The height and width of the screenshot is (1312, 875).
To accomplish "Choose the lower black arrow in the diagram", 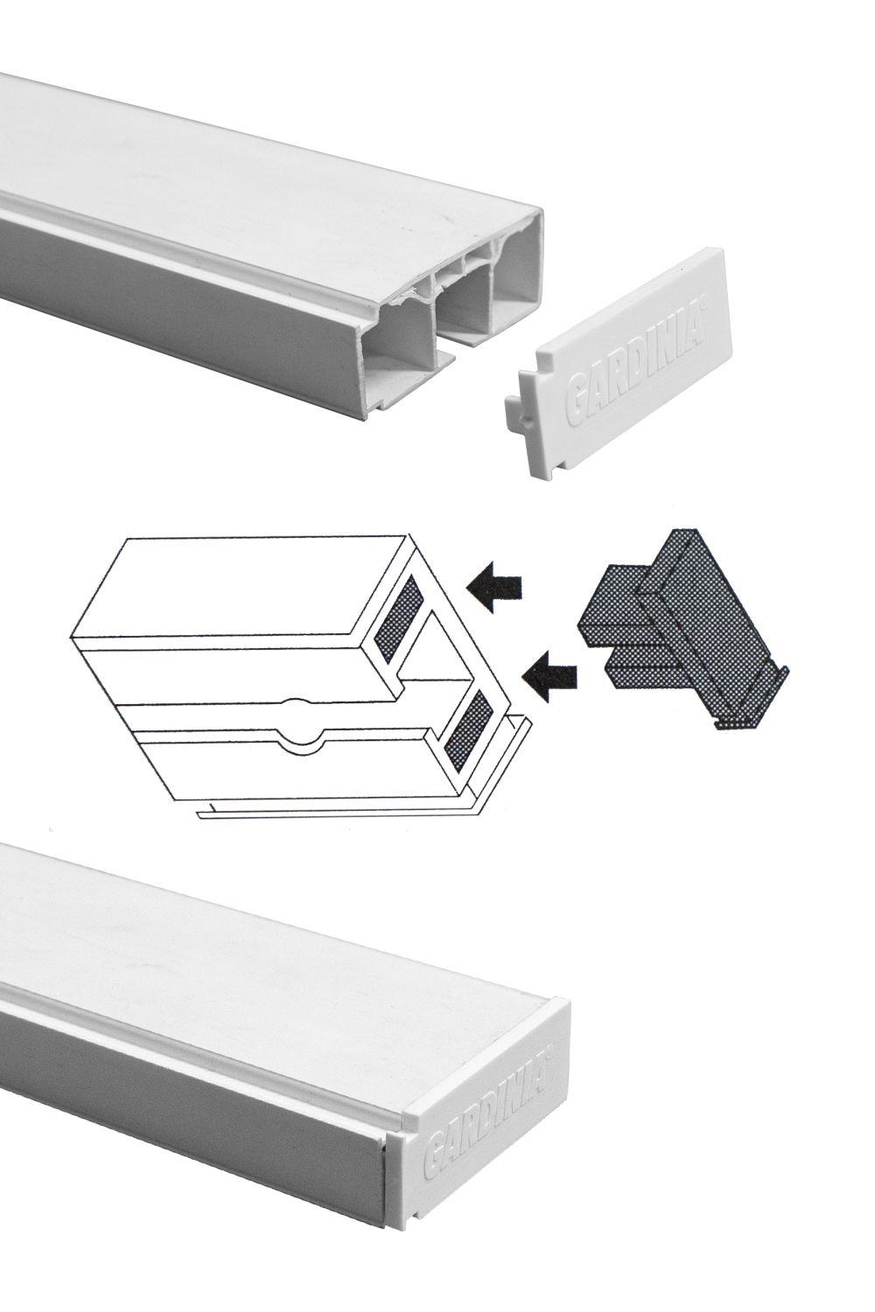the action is pyautogui.click(x=549, y=676).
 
